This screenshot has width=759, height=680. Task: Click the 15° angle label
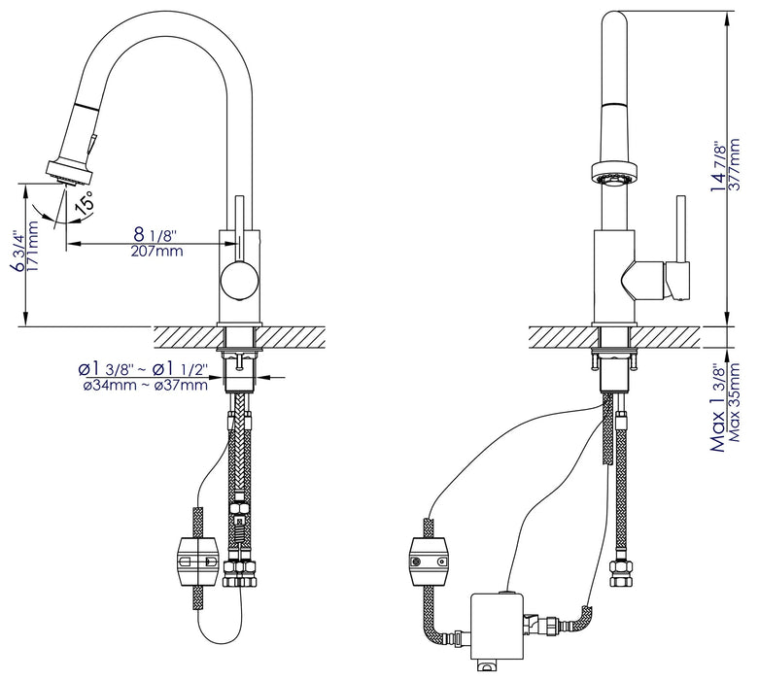click(85, 204)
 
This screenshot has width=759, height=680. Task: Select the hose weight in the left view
click(195, 562)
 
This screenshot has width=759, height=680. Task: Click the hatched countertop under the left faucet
click(185, 339)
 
